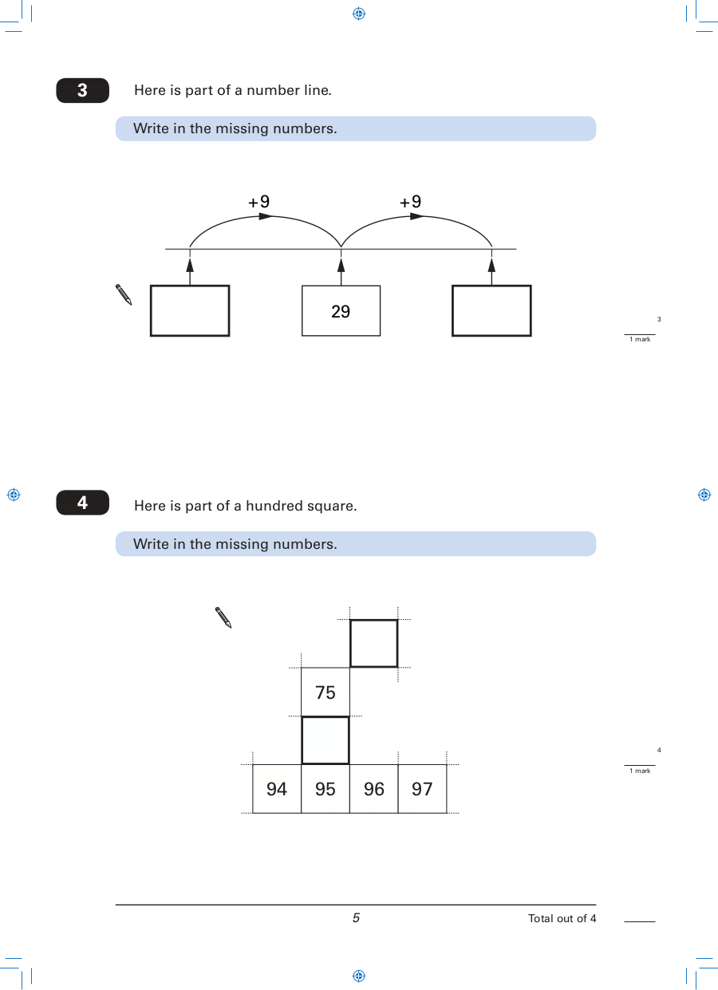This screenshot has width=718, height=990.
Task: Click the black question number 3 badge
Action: click(83, 91)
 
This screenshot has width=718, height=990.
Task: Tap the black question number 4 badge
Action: click(83, 503)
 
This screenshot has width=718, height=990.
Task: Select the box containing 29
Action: click(341, 310)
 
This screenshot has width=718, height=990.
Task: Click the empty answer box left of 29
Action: click(190, 310)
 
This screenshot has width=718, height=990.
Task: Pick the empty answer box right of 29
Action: click(491, 310)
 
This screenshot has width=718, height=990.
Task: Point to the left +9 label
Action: click(259, 202)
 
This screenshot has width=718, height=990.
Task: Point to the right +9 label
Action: click(410, 202)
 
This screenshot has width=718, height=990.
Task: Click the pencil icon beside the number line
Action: click(124, 294)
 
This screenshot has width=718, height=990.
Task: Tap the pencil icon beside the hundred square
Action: click(223, 617)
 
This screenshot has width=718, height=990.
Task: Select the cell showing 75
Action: click(325, 692)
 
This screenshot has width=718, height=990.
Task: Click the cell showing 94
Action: click(277, 789)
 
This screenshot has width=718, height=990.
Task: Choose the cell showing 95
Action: click(325, 789)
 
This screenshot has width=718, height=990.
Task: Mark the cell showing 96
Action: click(374, 789)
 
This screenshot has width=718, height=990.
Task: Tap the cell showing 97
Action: click(422, 789)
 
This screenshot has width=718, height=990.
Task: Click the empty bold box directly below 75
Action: click(325, 740)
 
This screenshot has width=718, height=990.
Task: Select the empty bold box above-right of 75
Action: click(374, 643)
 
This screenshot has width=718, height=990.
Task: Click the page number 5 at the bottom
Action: click(356, 918)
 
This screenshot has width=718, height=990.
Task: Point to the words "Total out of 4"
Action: click(562, 918)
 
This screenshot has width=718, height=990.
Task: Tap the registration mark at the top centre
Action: click(359, 14)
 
